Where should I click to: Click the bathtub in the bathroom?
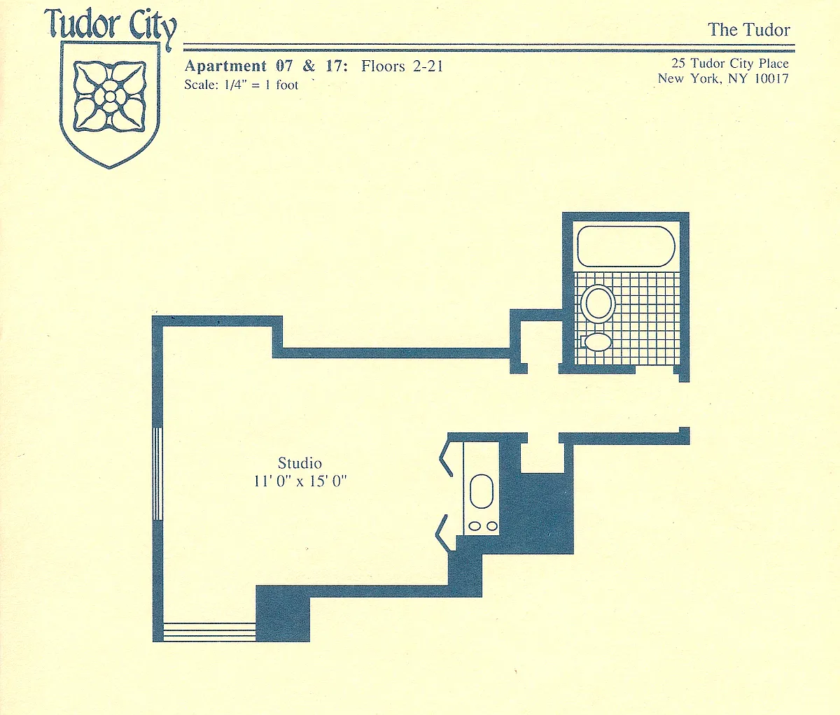pyautogui.click(x=626, y=246)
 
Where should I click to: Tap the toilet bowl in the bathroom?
pyautogui.click(x=598, y=304)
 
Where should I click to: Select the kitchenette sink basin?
pyautogui.click(x=482, y=491)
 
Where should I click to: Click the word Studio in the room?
pyautogui.click(x=300, y=463)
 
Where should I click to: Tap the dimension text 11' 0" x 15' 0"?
pyautogui.click(x=300, y=481)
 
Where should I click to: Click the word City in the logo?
pyautogui.click(x=152, y=27)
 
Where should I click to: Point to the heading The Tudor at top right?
pyautogui.click(x=748, y=29)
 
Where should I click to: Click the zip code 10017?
pyautogui.click(x=771, y=78)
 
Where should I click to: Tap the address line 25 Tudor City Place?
pyautogui.click(x=729, y=64)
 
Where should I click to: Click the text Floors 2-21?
pyautogui.click(x=402, y=66)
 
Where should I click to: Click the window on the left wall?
pyautogui.click(x=158, y=473)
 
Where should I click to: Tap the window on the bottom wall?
pyautogui.click(x=209, y=632)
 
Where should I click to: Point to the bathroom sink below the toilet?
pyautogui.click(x=597, y=341)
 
